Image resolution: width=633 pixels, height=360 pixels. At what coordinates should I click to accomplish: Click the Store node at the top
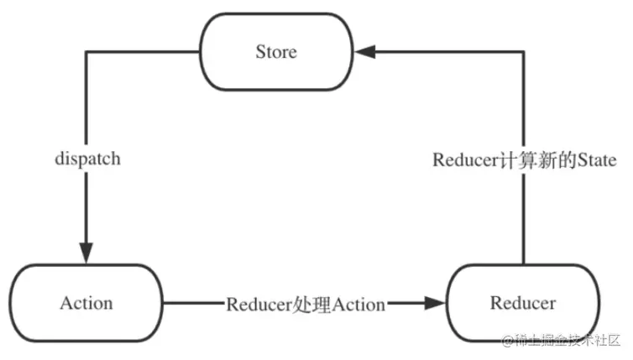pos(276,52)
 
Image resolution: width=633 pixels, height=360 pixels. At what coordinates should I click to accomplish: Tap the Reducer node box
pos(522,303)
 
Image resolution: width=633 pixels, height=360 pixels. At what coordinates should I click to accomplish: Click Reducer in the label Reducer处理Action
pos(257,304)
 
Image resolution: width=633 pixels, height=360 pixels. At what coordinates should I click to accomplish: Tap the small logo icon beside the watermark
pos(506,341)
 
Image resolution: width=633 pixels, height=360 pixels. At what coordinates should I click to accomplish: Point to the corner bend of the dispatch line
pos(86,52)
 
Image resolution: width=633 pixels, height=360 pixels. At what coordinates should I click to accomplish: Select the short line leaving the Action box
pos(193,303)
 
